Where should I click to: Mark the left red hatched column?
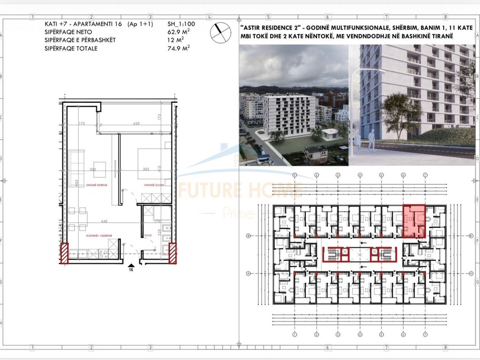pos(64,253)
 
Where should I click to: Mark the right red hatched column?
pos(172,253)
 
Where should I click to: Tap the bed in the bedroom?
pos(152,162)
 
